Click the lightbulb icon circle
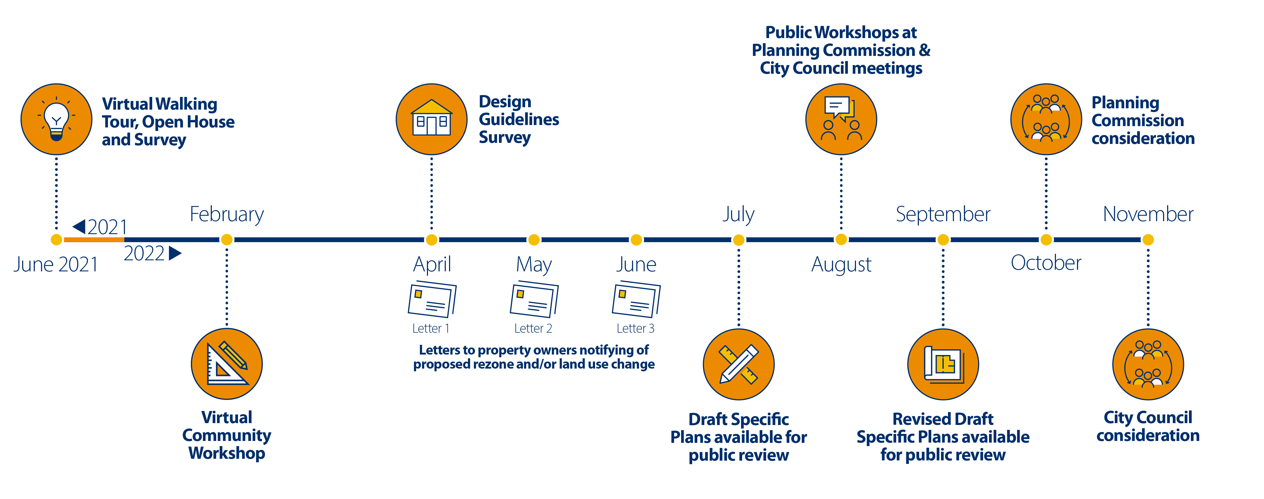click(x=56, y=119)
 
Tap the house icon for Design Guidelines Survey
click(x=431, y=119)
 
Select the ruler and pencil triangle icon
click(x=227, y=364)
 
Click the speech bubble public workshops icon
click(x=841, y=119)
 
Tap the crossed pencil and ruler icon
click(x=739, y=364)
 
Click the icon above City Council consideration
click(x=1148, y=364)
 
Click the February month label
click(x=227, y=214)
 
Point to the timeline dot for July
click(x=739, y=240)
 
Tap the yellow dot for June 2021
click(x=56, y=240)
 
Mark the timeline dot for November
click(x=1148, y=240)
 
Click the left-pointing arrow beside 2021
click(x=79, y=227)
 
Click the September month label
click(x=943, y=214)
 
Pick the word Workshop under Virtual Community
click(x=227, y=453)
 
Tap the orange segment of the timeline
click(x=93, y=240)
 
